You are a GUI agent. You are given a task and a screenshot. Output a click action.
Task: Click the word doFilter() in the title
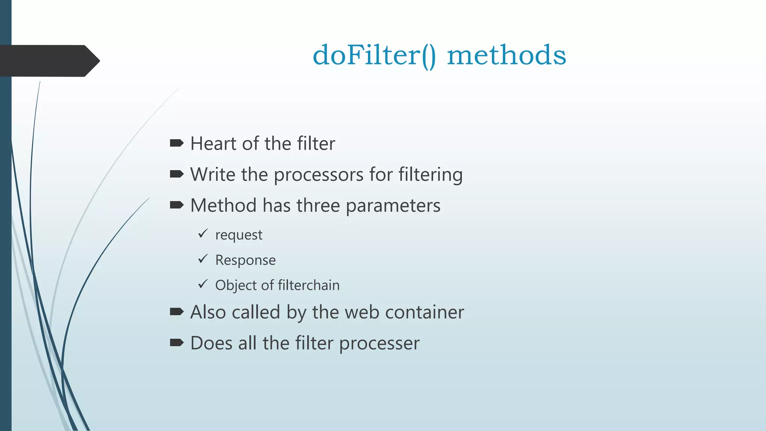[x=374, y=55]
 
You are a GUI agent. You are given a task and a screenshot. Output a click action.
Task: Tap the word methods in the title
[x=506, y=55]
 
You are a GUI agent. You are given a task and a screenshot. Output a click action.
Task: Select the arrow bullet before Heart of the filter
[x=177, y=143]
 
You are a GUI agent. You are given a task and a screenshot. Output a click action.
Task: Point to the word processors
[x=319, y=175]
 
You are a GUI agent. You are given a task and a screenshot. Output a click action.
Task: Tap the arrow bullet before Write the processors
[x=177, y=174]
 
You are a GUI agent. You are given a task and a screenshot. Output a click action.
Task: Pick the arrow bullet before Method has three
[x=177, y=205]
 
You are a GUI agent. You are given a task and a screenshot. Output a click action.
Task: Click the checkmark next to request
[x=203, y=234]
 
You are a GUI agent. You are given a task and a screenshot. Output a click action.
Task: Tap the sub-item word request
[x=239, y=235]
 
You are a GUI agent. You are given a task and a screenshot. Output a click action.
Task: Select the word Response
[x=245, y=260]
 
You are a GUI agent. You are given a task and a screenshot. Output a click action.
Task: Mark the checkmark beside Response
[x=203, y=259]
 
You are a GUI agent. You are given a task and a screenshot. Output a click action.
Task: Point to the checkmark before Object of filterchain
[x=203, y=284]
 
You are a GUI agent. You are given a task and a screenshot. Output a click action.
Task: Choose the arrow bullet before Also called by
[x=177, y=311]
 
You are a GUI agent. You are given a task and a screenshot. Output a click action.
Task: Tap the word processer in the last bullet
[x=379, y=343]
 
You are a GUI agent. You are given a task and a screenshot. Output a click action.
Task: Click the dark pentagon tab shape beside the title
[x=49, y=61]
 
